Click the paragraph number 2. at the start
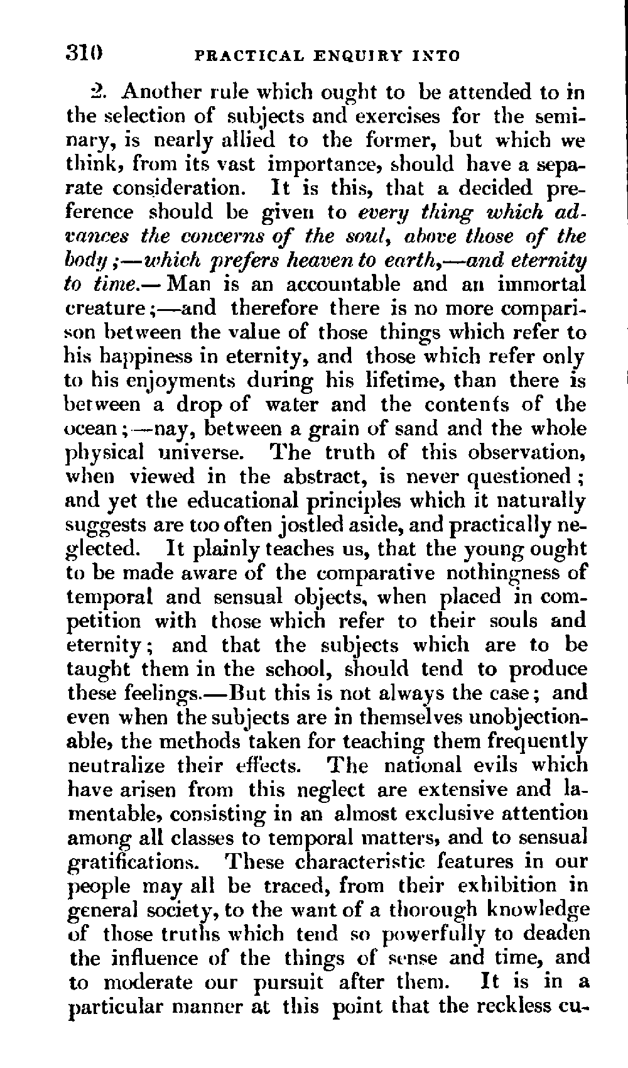[100, 92]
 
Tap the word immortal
[541, 284]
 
